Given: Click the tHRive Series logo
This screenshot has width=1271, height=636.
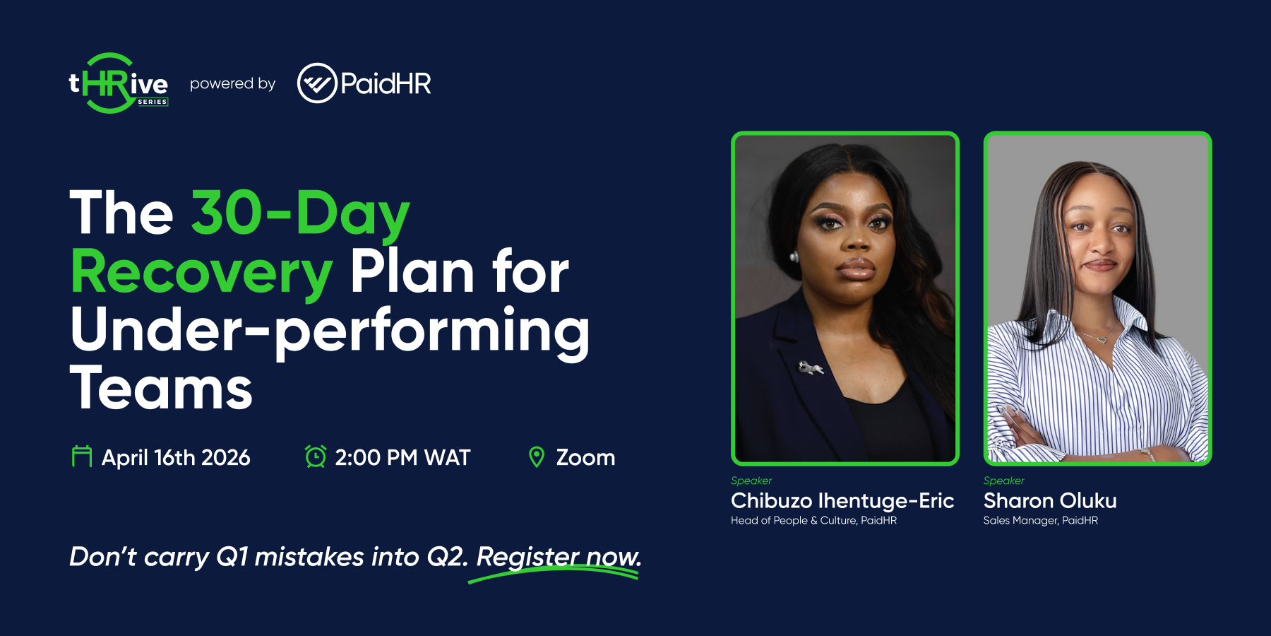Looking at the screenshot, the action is point(118,83).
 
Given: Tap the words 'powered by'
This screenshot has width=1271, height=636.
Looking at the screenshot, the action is point(232,83).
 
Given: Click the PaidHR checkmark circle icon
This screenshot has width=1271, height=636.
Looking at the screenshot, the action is point(317,83).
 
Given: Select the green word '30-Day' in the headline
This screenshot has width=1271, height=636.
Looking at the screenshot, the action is point(301,213).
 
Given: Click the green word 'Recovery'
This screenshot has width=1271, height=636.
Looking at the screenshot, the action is point(201,272).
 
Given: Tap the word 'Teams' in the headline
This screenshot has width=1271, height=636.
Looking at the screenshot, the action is point(161,388).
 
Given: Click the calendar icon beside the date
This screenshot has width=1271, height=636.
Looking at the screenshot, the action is point(82,457).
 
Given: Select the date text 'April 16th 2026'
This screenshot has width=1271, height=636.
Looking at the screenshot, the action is point(176,458).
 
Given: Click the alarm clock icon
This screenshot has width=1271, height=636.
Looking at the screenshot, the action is point(316,457).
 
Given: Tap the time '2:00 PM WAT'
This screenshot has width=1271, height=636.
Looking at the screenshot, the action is point(402,458).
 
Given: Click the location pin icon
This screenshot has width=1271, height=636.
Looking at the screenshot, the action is point(537,457).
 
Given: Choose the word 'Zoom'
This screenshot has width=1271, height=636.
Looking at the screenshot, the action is point(585,458).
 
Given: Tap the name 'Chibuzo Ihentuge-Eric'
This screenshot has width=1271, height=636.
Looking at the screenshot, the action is point(842,501).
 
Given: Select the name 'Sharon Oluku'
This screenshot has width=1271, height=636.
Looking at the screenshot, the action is point(1050,501).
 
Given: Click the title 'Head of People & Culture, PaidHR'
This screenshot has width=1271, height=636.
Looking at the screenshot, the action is point(813,521).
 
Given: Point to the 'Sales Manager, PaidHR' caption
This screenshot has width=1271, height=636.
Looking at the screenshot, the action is point(1041,521).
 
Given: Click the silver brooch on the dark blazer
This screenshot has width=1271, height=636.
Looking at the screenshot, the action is point(811,367).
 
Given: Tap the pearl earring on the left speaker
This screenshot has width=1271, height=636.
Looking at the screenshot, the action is point(794,257).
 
